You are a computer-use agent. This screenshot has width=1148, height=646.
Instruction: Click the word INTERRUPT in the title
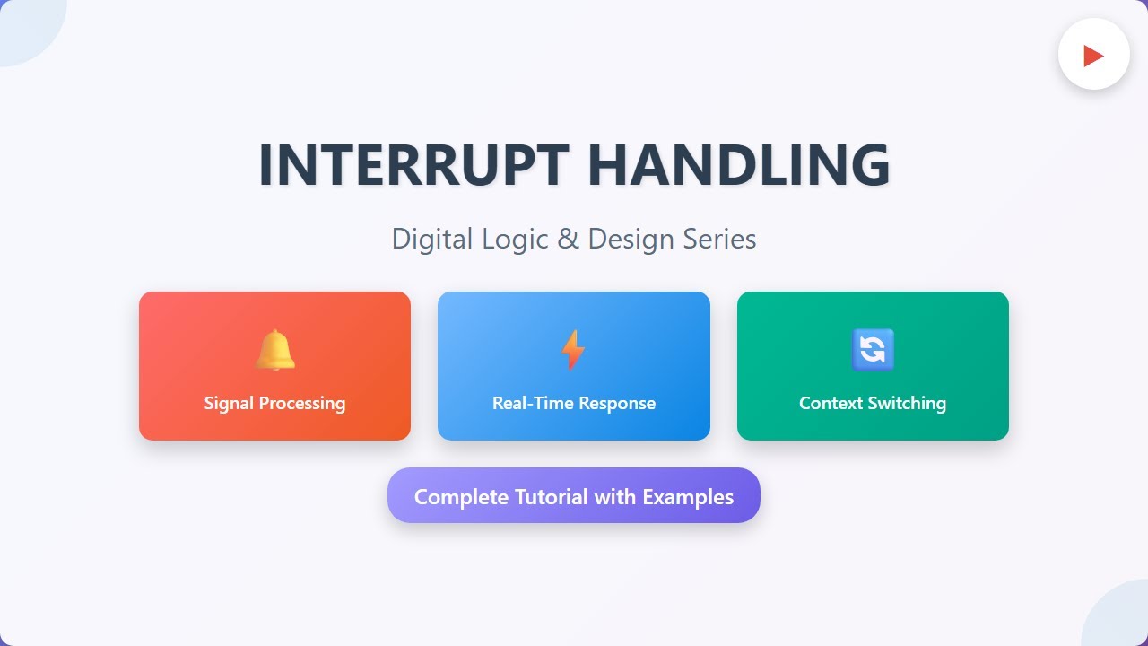click(x=413, y=165)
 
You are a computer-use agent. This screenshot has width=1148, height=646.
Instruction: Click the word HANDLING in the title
click(x=738, y=165)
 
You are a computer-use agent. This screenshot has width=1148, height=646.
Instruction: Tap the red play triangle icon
click(x=1093, y=56)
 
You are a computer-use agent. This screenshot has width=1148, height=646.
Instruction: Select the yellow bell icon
click(x=274, y=350)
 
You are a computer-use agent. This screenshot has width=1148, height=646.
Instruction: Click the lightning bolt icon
click(x=573, y=350)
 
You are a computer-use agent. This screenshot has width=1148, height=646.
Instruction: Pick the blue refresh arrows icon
click(x=873, y=350)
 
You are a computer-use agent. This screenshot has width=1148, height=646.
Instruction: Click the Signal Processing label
click(x=274, y=403)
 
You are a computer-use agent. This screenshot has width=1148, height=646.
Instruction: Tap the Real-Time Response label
click(x=574, y=403)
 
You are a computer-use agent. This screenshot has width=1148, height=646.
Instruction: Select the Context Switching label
click(x=873, y=403)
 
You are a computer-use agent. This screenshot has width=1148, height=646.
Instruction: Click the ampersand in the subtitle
click(x=569, y=240)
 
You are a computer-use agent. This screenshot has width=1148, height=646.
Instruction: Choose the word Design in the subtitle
click(x=631, y=240)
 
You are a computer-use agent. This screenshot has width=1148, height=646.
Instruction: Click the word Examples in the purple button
click(x=688, y=497)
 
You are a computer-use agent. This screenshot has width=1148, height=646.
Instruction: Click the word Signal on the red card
click(x=229, y=403)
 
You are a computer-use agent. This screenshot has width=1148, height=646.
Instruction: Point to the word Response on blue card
click(x=617, y=403)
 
